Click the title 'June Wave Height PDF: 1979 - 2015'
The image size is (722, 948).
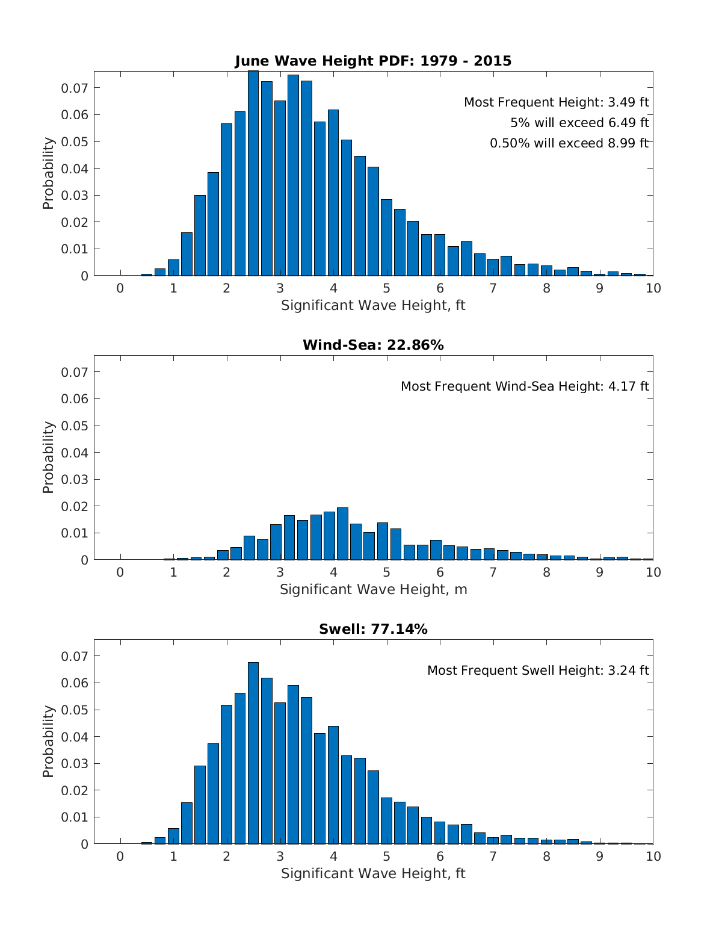click(x=373, y=61)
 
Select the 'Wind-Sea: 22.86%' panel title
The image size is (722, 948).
click(x=373, y=345)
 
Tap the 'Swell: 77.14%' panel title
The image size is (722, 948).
click(x=373, y=629)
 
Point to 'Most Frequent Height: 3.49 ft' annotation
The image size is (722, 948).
click(x=556, y=102)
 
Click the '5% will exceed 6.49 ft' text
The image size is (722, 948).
click(x=579, y=123)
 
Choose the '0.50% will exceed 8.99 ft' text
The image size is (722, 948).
click(x=569, y=143)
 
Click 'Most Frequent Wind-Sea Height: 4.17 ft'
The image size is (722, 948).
click(x=525, y=386)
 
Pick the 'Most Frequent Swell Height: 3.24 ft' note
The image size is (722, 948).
click(x=538, y=671)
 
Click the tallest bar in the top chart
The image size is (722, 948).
click(x=253, y=175)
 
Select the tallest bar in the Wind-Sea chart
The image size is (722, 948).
click(x=342, y=534)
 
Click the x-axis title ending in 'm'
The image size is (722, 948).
click(x=373, y=589)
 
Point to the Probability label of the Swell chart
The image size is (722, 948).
click(x=48, y=742)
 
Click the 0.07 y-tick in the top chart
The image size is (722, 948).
click(x=75, y=88)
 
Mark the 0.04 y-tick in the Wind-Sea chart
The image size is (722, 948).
click(x=75, y=453)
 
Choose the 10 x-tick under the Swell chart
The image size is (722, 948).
click(x=653, y=857)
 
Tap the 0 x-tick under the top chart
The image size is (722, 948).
click(x=120, y=288)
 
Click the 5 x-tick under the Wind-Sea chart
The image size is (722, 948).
click(x=386, y=572)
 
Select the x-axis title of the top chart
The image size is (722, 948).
click(x=373, y=305)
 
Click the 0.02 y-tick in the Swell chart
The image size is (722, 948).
click(x=75, y=790)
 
